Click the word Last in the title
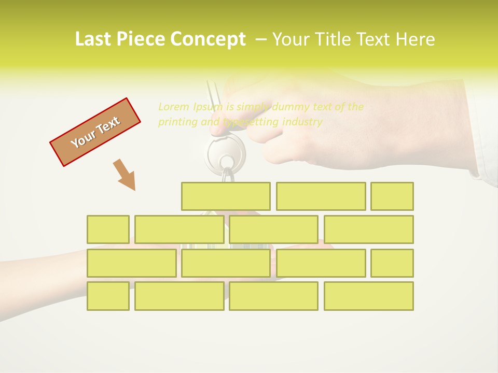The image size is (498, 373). (x=94, y=39)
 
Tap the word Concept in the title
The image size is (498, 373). (x=209, y=39)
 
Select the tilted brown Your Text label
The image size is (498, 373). (x=95, y=132)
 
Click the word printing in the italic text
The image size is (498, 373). (x=176, y=122)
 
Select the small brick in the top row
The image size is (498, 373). (x=392, y=196)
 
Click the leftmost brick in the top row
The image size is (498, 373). (x=226, y=196)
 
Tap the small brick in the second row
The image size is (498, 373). (x=108, y=229)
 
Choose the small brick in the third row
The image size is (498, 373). (x=392, y=263)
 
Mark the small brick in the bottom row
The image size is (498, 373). (x=108, y=296)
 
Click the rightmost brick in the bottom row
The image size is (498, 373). (x=369, y=296)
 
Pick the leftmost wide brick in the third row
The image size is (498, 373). (x=131, y=263)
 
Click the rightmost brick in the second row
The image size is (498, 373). (x=369, y=229)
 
